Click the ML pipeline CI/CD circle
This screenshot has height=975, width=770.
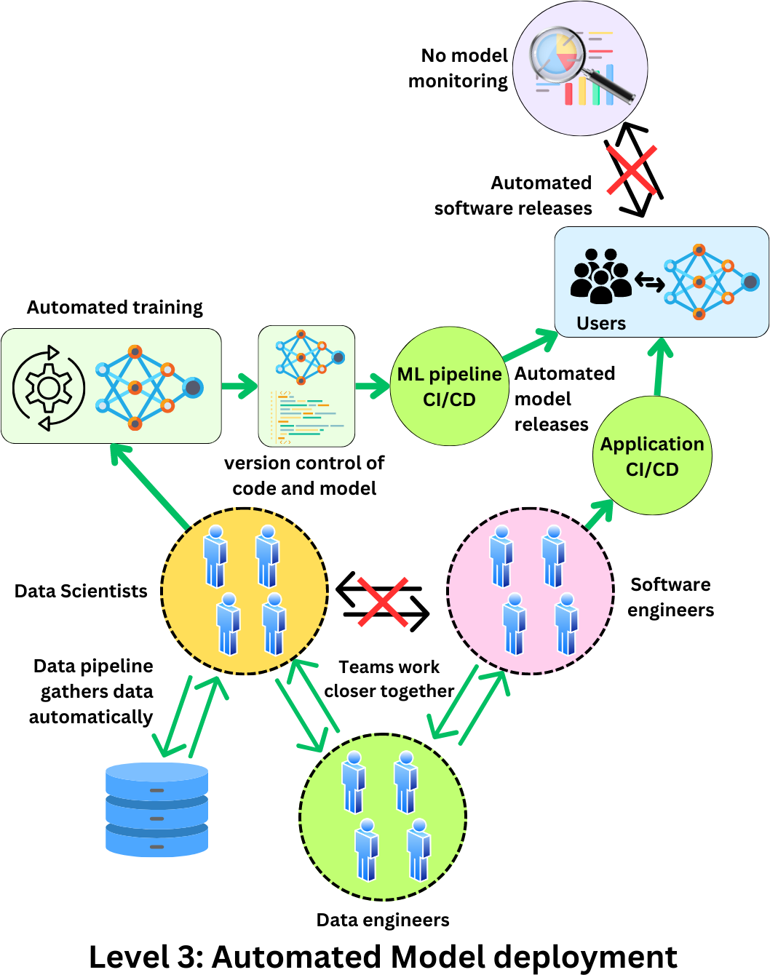449,386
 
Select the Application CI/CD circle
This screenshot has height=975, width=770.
652,456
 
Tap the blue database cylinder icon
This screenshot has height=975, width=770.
156,809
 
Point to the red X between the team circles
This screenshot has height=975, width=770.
383,601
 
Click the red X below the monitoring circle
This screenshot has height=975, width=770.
632,170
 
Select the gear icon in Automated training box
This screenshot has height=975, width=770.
49,388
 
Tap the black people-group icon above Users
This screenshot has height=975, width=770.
601,276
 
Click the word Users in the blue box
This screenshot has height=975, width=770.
601,323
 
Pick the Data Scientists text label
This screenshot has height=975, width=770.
81,591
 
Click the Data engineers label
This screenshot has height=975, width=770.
383,920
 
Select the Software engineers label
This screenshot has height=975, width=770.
670,597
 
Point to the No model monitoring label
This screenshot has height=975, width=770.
459,68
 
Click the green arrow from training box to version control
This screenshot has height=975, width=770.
239,386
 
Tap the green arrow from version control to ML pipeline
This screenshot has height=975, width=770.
373,386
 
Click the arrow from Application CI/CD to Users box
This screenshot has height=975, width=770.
659,368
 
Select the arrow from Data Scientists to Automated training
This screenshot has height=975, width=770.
149,485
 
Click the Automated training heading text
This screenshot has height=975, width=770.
115,308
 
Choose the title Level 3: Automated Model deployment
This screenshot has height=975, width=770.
383,957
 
